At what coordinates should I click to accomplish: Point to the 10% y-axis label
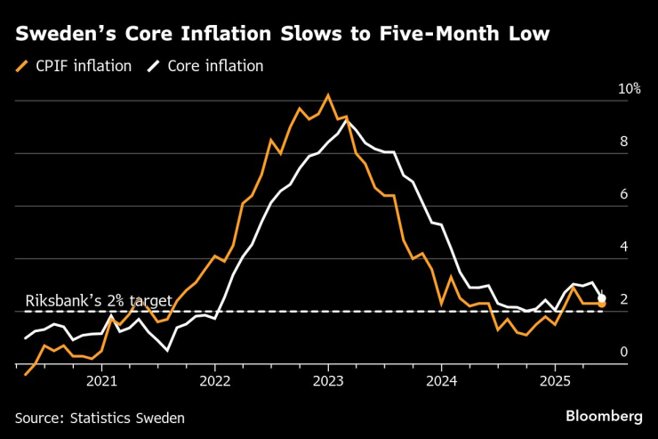(629, 90)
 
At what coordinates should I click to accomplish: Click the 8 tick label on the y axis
(623, 142)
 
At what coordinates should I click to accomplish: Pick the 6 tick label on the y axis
(623, 194)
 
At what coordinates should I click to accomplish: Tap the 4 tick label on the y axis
(623, 247)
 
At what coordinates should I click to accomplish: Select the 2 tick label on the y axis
(623, 299)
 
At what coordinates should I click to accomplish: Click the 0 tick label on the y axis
(623, 353)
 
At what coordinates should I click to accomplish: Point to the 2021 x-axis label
(101, 382)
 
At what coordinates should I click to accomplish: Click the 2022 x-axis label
(214, 382)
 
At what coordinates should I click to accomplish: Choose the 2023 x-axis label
(328, 382)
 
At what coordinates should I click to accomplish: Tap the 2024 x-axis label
(442, 382)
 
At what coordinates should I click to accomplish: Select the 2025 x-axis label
(555, 382)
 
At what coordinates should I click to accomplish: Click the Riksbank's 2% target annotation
(99, 300)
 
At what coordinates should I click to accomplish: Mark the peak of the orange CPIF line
(328, 94)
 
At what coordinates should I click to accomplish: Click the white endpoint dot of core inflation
(602, 298)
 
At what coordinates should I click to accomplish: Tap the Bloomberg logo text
(604, 416)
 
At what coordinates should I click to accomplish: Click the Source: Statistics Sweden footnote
(100, 417)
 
